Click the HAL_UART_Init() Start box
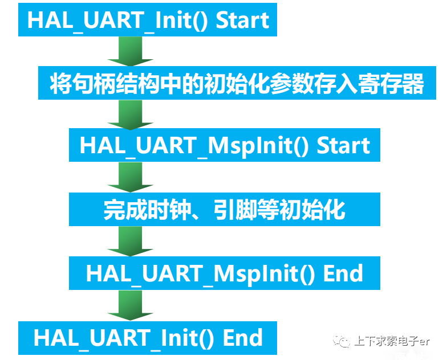pos(147,21)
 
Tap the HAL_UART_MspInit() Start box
pos(224,145)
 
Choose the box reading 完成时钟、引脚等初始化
pos(224,209)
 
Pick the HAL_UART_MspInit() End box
pos(224,273)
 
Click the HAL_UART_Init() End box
pos(147,337)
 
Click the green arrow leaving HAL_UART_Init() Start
pos(131,52)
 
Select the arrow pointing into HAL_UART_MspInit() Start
pos(131,115)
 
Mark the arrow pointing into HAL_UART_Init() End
pos(131,306)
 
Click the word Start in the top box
pos(242,21)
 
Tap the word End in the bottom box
pos(242,337)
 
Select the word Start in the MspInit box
pos(343,145)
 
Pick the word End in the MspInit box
pos(343,273)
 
